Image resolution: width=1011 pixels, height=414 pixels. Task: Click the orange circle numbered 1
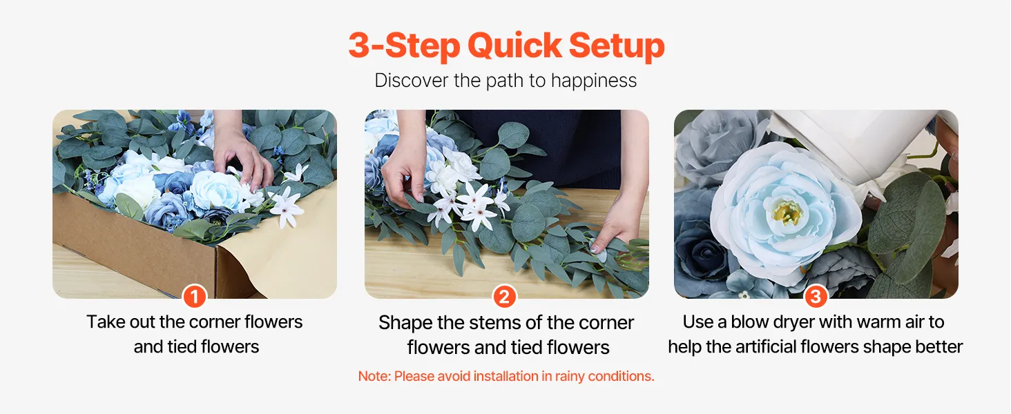click(x=195, y=297)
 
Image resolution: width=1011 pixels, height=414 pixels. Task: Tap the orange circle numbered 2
click(x=504, y=297)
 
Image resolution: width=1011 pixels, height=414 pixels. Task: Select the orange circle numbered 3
click(x=816, y=297)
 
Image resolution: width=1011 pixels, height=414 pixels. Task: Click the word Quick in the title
click(x=514, y=46)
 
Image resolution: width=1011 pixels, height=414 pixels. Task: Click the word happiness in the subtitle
click(x=593, y=81)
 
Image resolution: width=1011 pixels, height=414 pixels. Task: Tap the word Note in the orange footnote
click(x=374, y=376)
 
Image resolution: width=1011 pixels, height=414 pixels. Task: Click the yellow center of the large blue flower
click(x=787, y=212)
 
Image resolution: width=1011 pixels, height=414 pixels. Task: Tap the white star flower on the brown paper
click(x=285, y=208)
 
